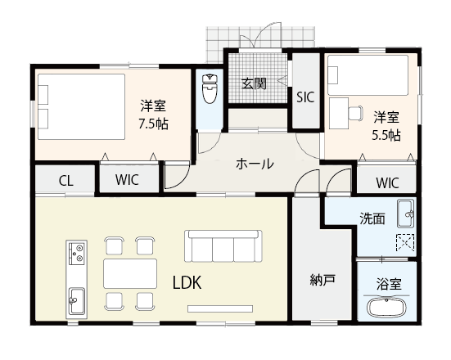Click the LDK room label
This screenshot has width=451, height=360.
(x=187, y=282)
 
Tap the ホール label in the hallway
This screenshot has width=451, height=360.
(x=255, y=164)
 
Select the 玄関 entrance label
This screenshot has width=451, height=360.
(x=255, y=83)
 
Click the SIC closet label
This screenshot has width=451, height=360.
(x=305, y=97)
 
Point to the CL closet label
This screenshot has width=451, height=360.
(x=65, y=181)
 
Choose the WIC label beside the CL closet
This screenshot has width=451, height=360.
(x=127, y=181)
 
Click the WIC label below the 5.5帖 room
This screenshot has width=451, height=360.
(x=387, y=182)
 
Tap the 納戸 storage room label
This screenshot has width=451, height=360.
(x=322, y=281)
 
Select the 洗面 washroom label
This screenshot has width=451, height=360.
(x=372, y=218)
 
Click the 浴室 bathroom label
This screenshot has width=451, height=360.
(x=388, y=285)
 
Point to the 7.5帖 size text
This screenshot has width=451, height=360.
(x=154, y=124)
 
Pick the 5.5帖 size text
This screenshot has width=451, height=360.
(x=387, y=134)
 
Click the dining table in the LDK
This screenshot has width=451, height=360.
(x=129, y=272)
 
